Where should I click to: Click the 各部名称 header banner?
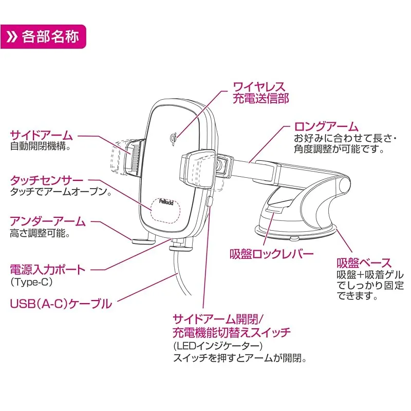pyautogui.click(x=43, y=37)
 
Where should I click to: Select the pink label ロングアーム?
pyautogui.click(x=326, y=126)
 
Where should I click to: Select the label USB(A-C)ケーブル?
pyautogui.click(x=61, y=304)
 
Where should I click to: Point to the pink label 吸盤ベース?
pyautogui.click(x=364, y=263)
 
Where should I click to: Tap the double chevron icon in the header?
pyautogui.click(x=12, y=37)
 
